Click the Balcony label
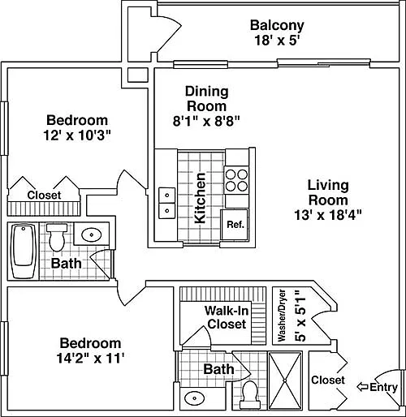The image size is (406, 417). click(277, 25)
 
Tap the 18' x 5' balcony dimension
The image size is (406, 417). click(277, 41)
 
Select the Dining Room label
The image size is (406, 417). click(206, 99)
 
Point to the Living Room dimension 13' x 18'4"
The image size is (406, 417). click(328, 216)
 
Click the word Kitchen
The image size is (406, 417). click(201, 198)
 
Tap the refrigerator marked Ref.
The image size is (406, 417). click(235, 225)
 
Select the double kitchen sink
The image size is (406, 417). click(166, 203)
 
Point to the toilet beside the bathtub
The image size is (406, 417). click(57, 237)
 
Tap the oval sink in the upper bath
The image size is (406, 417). click(92, 234)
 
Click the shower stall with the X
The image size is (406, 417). click(285, 380)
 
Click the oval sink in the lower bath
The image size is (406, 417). click(194, 398)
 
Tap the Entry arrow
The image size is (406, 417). click(363, 387)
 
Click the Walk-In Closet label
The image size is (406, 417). click(227, 317)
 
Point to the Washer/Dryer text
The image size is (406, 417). click(282, 315)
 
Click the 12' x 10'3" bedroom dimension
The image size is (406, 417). click(77, 135)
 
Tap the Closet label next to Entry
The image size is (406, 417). click(328, 380)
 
